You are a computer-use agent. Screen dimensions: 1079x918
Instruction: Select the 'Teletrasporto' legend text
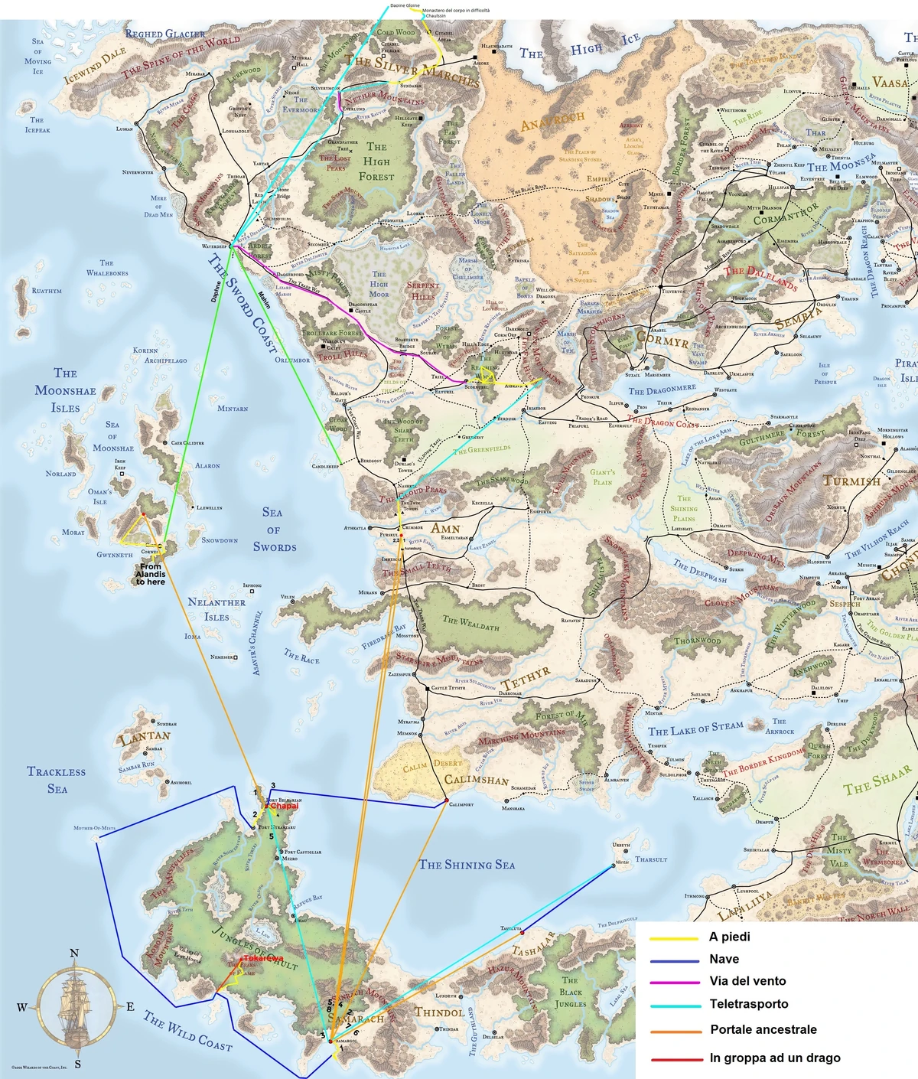click(748, 1004)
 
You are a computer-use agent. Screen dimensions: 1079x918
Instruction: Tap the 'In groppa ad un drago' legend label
click(774, 1058)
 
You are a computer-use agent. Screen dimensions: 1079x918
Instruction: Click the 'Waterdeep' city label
click(214, 246)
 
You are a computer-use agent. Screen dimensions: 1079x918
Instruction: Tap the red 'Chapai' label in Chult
click(284, 806)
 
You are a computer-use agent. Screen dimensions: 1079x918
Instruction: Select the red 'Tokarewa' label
click(263, 958)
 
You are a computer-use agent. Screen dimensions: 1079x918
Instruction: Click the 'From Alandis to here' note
click(151, 575)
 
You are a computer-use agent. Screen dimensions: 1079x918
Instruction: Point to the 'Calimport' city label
click(461, 805)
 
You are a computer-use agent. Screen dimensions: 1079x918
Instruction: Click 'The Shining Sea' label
click(467, 865)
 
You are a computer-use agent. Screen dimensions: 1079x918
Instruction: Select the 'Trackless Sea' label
click(57, 780)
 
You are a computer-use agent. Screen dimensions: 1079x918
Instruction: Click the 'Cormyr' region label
click(662, 339)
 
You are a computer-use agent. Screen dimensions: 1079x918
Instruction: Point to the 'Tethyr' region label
click(526, 676)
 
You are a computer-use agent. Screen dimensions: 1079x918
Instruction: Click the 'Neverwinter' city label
click(138, 172)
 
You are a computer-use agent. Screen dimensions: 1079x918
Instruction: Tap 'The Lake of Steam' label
click(695, 729)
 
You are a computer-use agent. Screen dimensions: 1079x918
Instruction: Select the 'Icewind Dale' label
click(95, 66)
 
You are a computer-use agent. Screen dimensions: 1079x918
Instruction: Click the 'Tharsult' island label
click(651, 859)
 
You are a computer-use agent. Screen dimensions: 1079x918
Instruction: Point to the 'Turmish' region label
click(851, 481)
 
